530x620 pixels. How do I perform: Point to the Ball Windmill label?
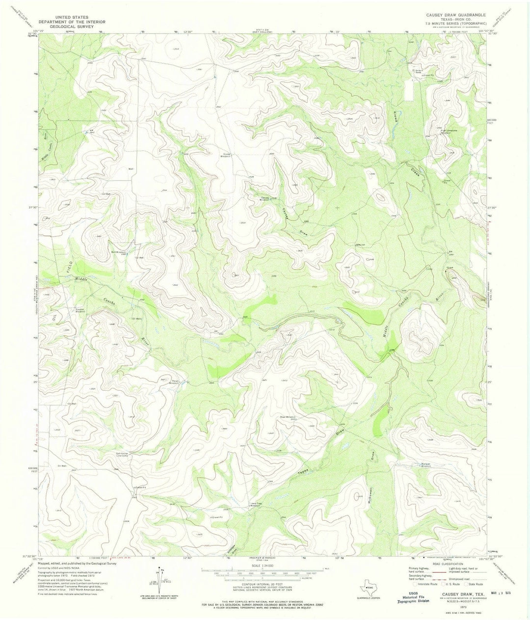point(119,253)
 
